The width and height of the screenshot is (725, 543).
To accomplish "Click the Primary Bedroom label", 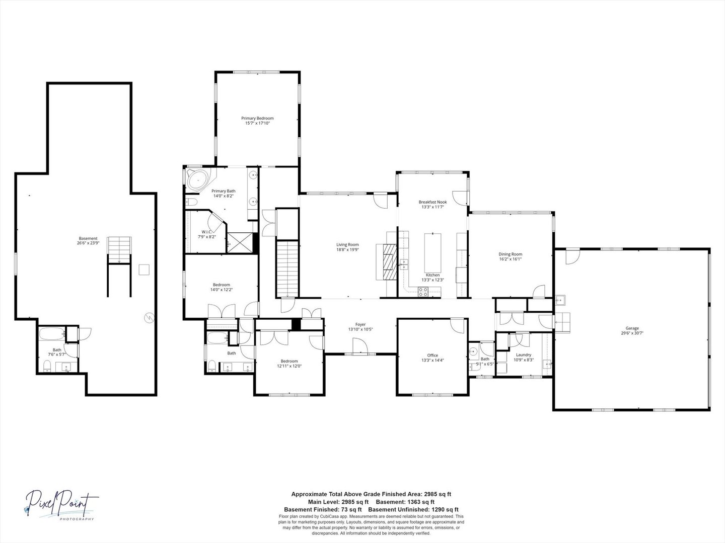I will click(257, 118).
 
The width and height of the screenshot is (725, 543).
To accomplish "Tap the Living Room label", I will click(347, 245).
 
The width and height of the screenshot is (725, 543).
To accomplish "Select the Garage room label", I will click(632, 328).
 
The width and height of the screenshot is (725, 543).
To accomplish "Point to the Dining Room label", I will click(510, 254).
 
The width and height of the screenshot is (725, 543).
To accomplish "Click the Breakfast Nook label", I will click(432, 202).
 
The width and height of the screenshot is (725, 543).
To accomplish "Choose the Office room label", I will click(432, 355).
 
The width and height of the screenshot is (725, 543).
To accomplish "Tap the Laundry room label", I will click(523, 355).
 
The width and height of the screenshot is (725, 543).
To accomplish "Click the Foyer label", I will click(360, 325).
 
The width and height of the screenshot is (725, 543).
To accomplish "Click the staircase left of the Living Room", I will click(287, 268).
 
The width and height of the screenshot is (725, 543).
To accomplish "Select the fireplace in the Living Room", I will click(389, 262).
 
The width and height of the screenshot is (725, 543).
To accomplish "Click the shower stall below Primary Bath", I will click(240, 242).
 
